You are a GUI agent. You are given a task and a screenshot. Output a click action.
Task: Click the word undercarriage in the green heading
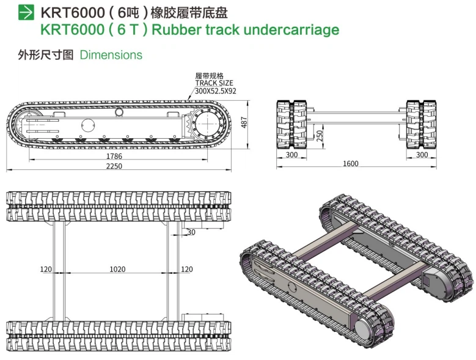(x=291, y=29)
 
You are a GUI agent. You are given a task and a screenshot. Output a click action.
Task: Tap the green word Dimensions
(x=111, y=55)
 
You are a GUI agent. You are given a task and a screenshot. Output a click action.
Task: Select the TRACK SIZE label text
(x=214, y=83)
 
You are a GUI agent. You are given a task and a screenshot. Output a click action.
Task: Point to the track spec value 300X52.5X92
(x=215, y=90)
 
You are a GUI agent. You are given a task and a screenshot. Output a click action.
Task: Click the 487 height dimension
(x=244, y=122)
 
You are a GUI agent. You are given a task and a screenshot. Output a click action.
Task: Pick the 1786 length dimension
(x=114, y=156)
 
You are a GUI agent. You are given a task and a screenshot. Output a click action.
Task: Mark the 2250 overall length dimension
(x=114, y=166)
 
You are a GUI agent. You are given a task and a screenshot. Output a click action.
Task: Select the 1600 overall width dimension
(x=350, y=164)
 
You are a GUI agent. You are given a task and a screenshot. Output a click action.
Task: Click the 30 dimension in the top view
(x=191, y=232)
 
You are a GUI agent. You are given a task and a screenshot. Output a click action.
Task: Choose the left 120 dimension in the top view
(x=46, y=270)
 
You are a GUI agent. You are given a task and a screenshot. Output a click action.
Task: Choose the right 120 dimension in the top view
(x=187, y=270)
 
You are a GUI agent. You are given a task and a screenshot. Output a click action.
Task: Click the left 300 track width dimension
(x=292, y=155)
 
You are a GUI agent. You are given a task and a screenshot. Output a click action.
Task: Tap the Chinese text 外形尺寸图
(x=46, y=55)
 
